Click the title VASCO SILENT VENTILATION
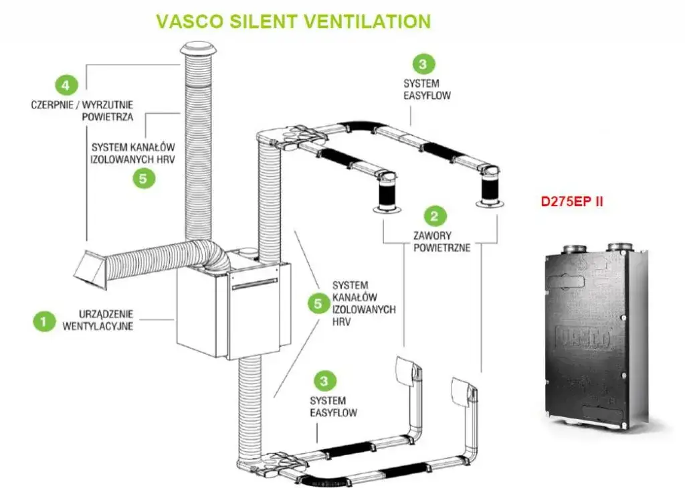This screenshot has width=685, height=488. [293, 21]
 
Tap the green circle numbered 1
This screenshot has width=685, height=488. [44, 321]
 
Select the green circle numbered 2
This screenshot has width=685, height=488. [435, 216]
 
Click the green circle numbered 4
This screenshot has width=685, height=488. [65, 85]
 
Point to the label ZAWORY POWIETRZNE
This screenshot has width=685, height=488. [442, 242]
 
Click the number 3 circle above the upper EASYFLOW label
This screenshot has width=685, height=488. [423, 64]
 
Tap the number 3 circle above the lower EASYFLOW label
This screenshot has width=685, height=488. [325, 381]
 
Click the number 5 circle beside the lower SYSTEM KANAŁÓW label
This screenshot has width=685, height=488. [318, 303]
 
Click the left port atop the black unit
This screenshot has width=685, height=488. [573, 250]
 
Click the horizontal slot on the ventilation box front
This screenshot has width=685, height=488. [255, 284]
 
